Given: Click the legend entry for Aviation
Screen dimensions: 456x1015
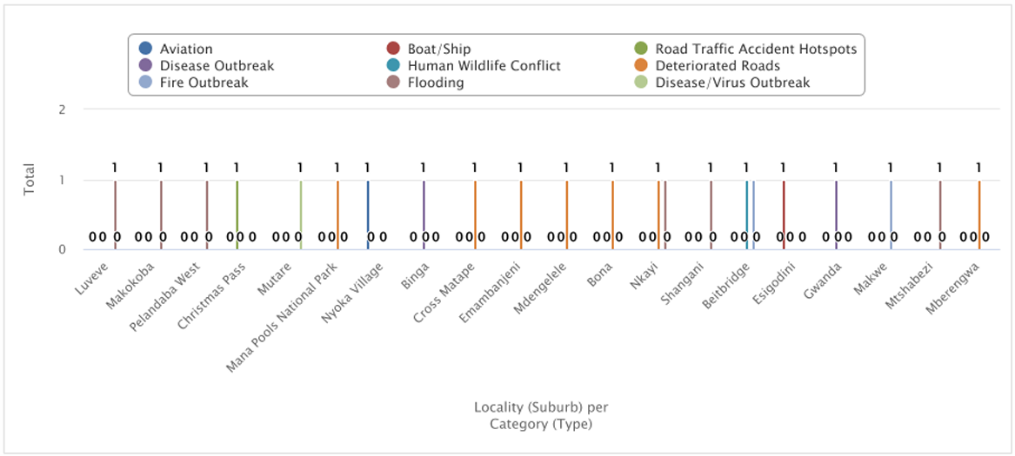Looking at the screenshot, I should tap(185, 50).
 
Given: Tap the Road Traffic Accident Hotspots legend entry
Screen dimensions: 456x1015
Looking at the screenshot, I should tap(755, 50).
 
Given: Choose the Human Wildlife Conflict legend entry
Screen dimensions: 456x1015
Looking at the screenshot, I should tap(485, 66).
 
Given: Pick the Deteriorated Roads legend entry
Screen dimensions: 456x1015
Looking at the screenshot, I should tap(717, 66).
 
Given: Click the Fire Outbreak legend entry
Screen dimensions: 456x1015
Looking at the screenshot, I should tap(204, 83).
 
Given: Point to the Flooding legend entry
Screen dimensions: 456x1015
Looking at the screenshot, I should tap(435, 83).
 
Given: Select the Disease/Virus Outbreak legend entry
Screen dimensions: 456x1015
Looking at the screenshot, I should tap(731, 83).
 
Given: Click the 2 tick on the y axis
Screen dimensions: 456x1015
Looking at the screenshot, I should tap(62, 109).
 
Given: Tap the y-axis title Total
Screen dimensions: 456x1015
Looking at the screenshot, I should tap(30, 180).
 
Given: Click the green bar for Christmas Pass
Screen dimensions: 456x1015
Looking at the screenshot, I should tap(237, 215).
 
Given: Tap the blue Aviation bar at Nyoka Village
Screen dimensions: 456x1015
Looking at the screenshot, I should tap(368, 215).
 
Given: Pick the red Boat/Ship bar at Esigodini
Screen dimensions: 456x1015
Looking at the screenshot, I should tap(784, 215).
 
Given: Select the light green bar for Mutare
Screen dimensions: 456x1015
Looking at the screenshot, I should tap(301, 215).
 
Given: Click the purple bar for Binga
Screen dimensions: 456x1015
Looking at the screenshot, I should tap(424, 215).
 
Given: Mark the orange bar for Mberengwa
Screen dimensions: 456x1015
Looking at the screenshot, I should tap(979, 215).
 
